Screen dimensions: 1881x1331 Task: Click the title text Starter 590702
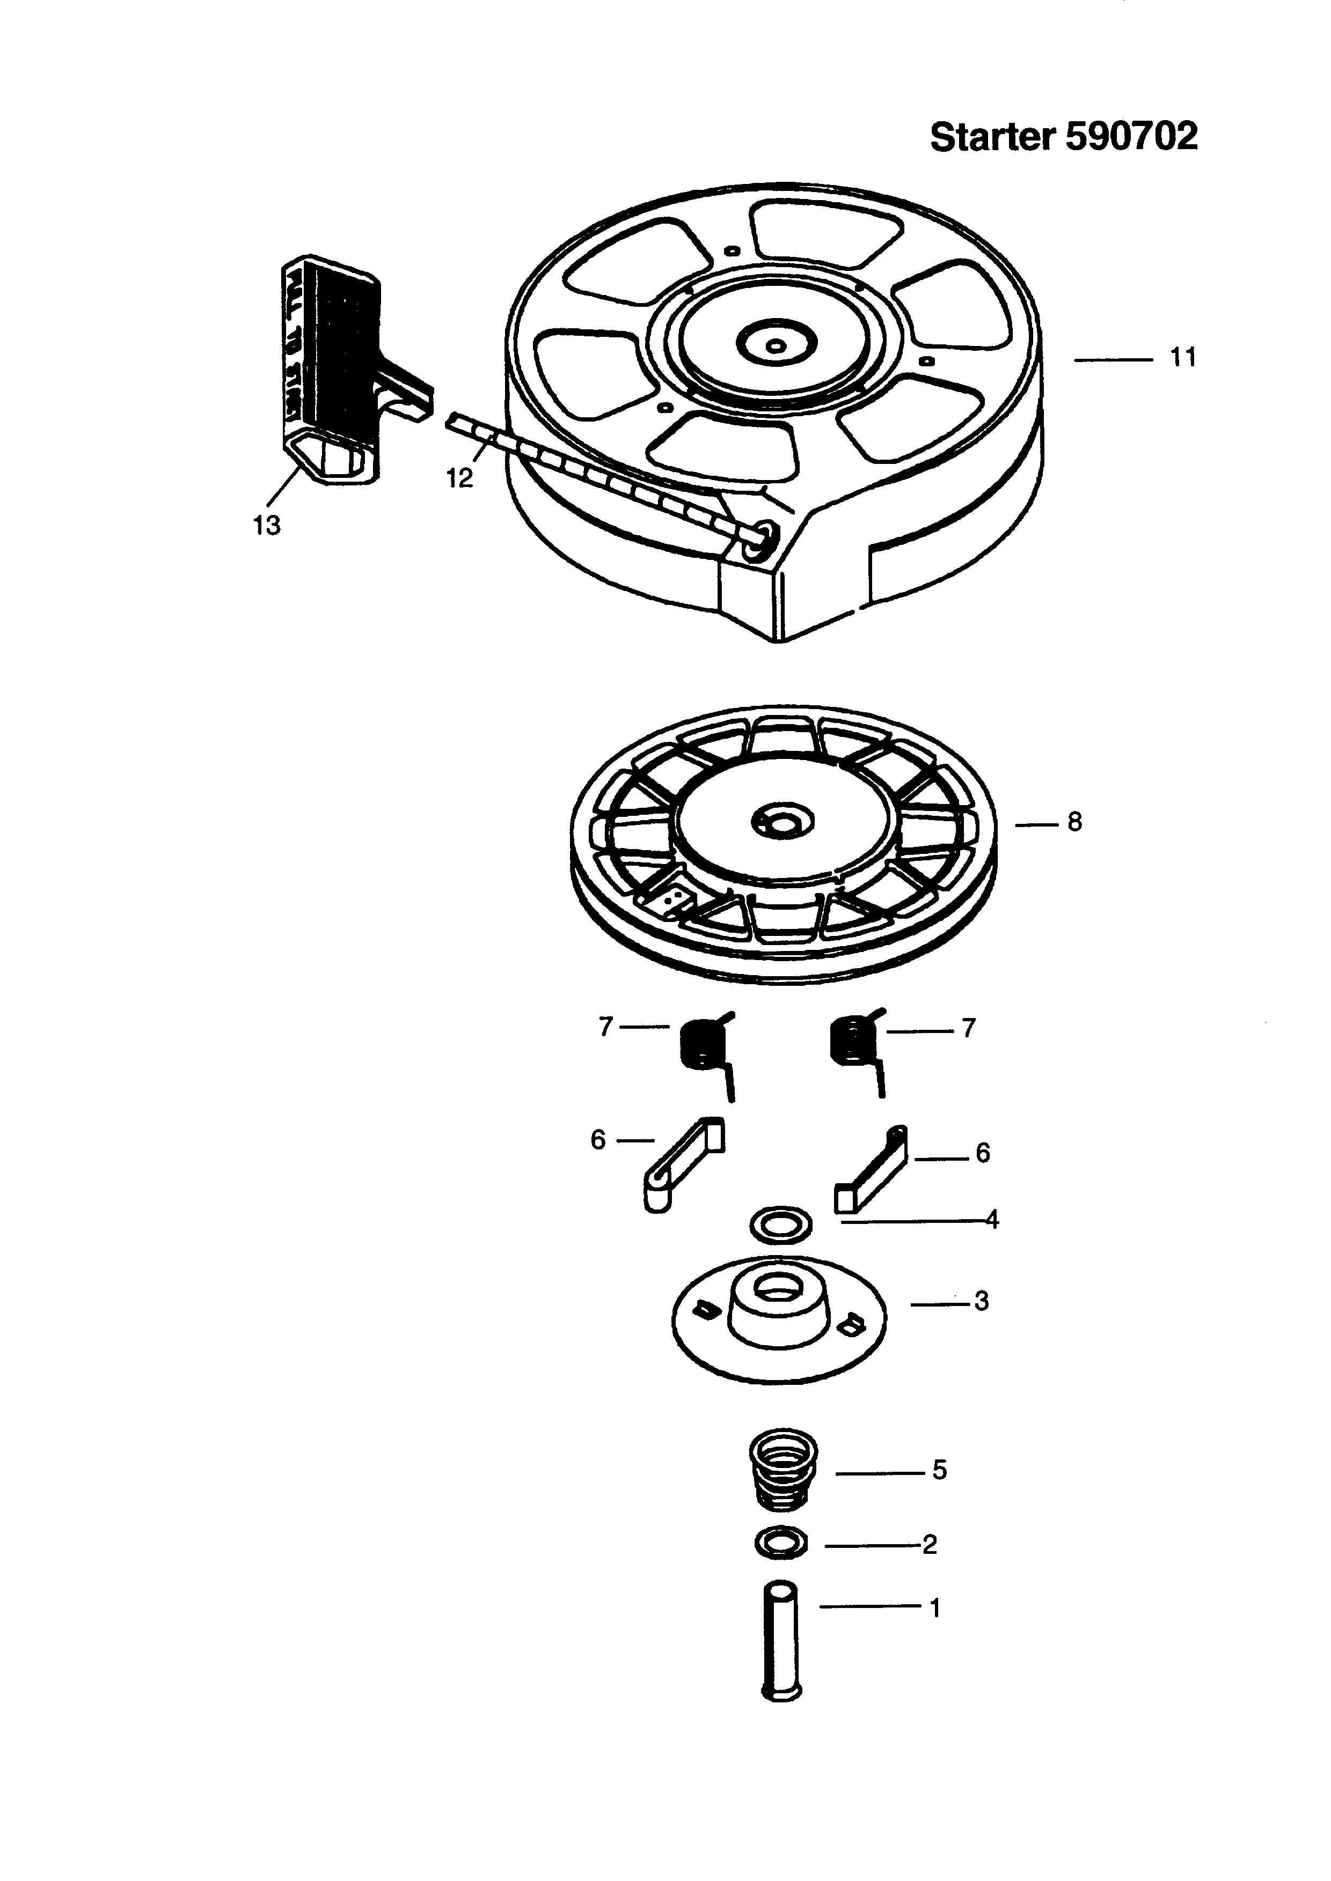coord(1063,137)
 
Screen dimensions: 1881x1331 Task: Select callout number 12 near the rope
coord(460,478)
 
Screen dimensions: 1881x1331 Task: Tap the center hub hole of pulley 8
coord(782,820)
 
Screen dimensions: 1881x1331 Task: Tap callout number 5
coord(939,1470)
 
